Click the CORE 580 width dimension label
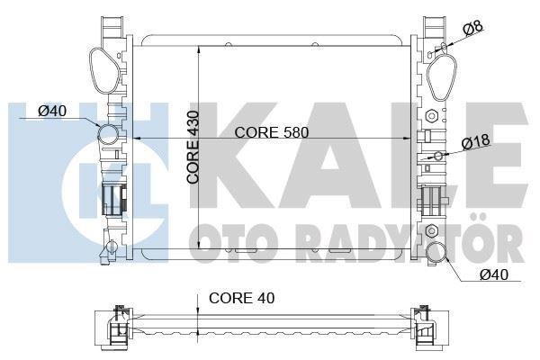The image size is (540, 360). coord(271,132)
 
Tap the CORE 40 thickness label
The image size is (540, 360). coord(241,298)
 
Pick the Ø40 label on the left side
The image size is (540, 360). coord(54,112)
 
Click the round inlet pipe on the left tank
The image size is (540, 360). coord(108,136)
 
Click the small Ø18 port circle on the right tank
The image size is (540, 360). coord(437,156)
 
